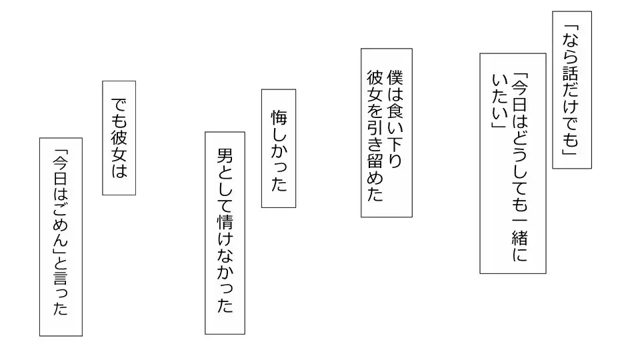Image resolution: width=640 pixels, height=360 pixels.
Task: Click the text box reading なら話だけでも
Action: click(572, 89)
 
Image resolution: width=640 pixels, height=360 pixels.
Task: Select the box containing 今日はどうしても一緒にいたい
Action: click(513, 163)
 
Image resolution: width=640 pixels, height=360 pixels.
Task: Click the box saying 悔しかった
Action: click(279, 148)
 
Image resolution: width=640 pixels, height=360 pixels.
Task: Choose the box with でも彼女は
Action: click(119, 137)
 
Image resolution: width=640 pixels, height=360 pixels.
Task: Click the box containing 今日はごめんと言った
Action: click(61, 236)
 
